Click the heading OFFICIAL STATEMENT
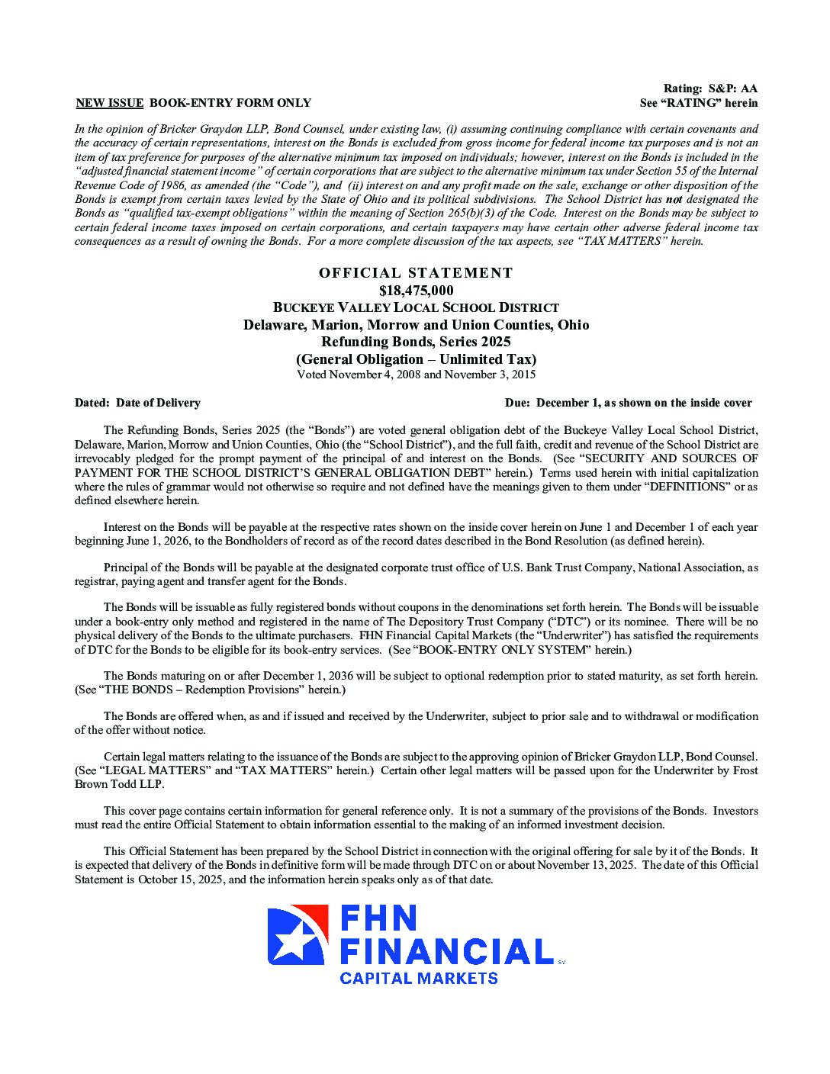pos(416,273)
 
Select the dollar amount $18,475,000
pos(416,291)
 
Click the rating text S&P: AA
pos(732,89)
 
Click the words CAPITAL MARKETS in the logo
pos(418,978)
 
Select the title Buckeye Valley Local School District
pos(416,307)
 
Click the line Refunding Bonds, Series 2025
pos(416,342)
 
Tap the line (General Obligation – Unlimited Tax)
pos(416,359)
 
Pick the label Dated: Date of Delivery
pos(137,403)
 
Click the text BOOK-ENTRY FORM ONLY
pos(230,103)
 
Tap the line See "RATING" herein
pos(699,103)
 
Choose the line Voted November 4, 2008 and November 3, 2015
pos(416,375)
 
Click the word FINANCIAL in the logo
pos(446,951)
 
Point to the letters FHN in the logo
pos(379,918)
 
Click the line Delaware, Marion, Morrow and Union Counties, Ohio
pos(416,325)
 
